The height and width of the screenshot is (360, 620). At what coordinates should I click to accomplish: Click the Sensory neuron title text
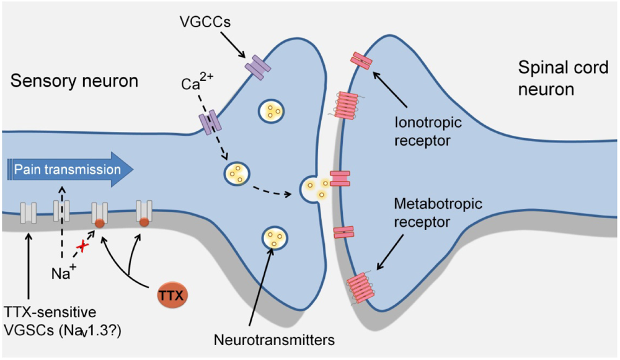point(74,81)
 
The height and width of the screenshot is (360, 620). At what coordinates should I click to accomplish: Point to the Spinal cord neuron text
point(562,78)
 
